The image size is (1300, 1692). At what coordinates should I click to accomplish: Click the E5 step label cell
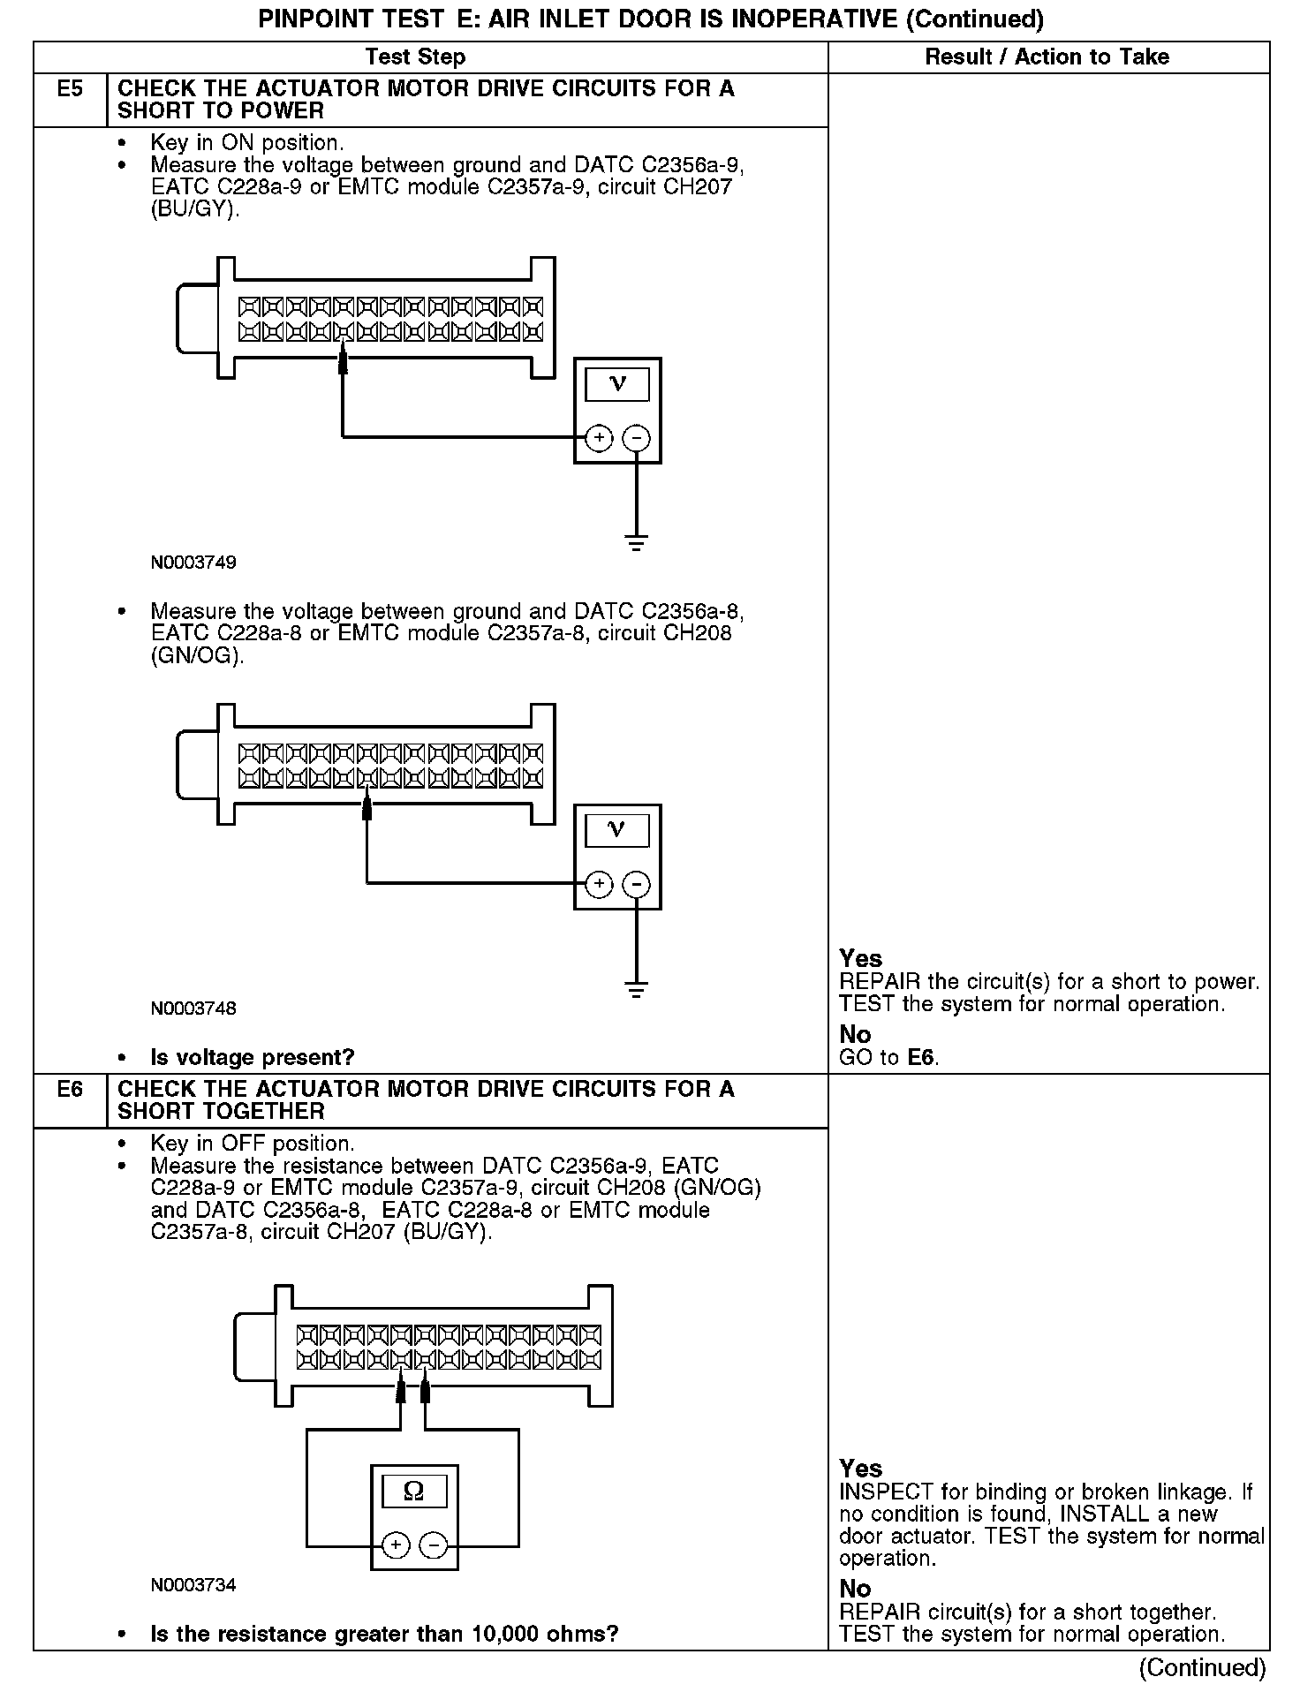click(x=70, y=90)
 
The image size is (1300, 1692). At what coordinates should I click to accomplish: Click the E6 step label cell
click(x=70, y=1090)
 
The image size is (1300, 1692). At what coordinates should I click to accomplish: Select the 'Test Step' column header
click(x=415, y=57)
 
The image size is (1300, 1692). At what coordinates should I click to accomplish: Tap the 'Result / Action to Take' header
click(x=1047, y=57)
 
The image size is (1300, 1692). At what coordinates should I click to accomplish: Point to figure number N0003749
click(x=193, y=563)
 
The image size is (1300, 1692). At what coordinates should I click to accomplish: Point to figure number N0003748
click(x=193, y=1008)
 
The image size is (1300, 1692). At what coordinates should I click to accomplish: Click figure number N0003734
click(x=193, y=1584)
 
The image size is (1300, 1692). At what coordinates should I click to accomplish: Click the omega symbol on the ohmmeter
click(x=413, y=1492)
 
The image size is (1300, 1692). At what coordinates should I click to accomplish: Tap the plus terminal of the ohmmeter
click(x=396, y=1545)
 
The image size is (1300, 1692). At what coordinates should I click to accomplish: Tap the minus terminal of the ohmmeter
click(x=433, y=1545)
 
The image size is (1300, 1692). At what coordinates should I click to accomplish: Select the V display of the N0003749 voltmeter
click(x=617, y=384)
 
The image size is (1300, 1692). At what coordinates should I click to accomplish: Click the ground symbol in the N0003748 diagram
click(x=636, y=988)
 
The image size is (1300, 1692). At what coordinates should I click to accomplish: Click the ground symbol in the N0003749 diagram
click(x=636, y=542)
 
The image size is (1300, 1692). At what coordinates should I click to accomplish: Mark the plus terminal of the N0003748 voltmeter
click(x=599, y=884)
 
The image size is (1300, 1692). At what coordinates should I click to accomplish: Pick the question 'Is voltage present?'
click(x=253, y=1057)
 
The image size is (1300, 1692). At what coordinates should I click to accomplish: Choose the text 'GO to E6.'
click(x=888, y=1057)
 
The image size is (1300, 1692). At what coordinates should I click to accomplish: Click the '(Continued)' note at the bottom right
click(x=1202, y=1667)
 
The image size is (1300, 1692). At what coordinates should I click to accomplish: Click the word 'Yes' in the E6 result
click(x=861, y=1469)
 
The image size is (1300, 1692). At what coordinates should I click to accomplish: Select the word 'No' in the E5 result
click(x=855, y=1034)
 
